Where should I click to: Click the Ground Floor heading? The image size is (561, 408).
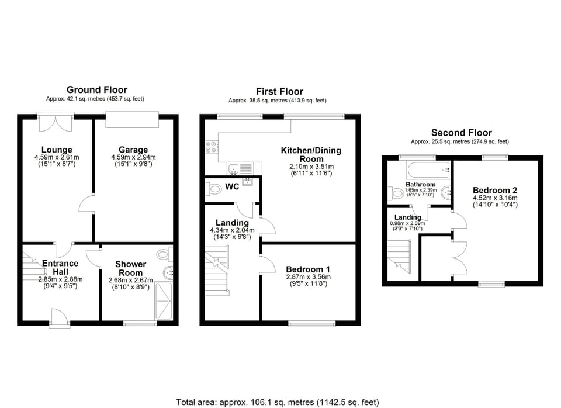[97, 89]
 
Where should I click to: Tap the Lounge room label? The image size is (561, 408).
[57, 150]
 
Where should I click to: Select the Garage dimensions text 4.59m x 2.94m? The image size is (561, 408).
[133, 157]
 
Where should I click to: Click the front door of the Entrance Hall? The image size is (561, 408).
[60, 319]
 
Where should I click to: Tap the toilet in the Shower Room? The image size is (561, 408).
[164, 255]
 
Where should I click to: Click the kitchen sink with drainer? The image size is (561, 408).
[240, 169]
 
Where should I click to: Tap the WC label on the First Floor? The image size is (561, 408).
[232, 188]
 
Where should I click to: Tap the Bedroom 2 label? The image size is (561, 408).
[494, 190]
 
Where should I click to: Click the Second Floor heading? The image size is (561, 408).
[461, 133]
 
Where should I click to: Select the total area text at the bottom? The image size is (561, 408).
[278, 402]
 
